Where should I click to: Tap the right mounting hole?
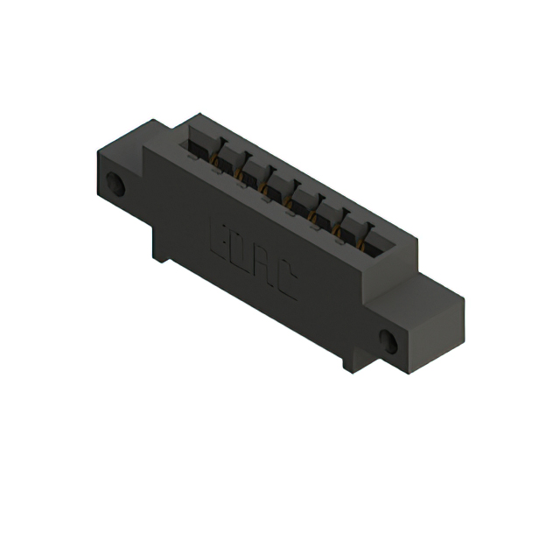tap(389, 342)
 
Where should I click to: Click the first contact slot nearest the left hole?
tap(199, 150)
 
